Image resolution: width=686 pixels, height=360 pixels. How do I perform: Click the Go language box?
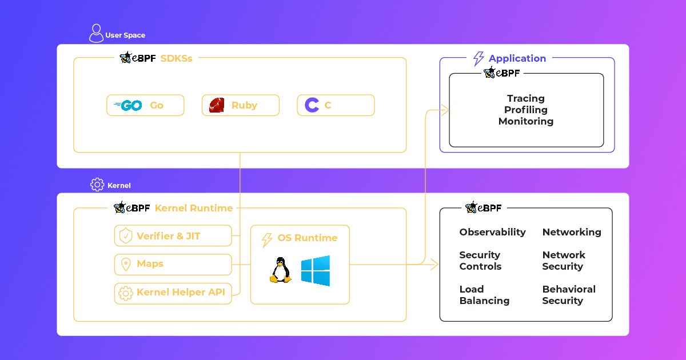pyautogui.click(x=145, y=105)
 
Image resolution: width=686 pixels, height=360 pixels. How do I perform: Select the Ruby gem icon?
pyautogui.click(x=216, y=105)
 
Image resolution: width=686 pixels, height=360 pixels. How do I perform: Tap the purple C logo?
pyautogui.click(x=312, y=105)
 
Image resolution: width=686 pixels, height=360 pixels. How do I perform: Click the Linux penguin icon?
pyautogui.click(x=280, y=270)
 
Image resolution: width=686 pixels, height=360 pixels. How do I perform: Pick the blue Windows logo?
pyautogui.click(x=316, y=270)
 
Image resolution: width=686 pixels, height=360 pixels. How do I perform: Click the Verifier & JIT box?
pyautogui.click(x=173, y=235)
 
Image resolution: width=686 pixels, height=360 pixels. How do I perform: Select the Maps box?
pyautogui.click(x=173, y=264)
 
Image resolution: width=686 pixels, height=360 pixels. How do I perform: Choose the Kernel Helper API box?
pyautogui.click(x=173, y=293)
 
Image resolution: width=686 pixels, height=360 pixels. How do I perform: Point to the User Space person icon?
pyautogui.click(x=96, y=33)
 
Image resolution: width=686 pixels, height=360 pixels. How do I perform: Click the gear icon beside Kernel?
pyautogui.click(x=97, y=185)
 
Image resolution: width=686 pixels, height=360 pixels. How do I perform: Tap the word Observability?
pyautogui.click(x=492, y=232)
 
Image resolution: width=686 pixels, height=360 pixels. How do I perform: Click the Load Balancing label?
pyautogui.click(x=484, y=295)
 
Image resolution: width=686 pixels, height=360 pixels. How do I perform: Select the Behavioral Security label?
pyautogui.click(x=568, y=295)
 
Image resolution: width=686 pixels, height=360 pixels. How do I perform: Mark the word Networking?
pyautogui.click(x=572, y=232)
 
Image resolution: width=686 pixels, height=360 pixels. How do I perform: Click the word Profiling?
pyautogui.click(x=525, y=110)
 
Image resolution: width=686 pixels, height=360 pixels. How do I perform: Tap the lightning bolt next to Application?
pyautogui.click(x=478, y=58)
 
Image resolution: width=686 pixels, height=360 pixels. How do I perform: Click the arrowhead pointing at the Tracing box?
pyautogui.click(x=444, y=110)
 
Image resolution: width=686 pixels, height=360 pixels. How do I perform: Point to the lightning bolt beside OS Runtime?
pyautogui.click(x=266, y=239)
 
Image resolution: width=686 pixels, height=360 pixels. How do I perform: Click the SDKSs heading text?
pyautogui.click(x=176, y=58)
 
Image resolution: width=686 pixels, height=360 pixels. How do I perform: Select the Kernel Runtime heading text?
pyautogui.click(x=193, y=208)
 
